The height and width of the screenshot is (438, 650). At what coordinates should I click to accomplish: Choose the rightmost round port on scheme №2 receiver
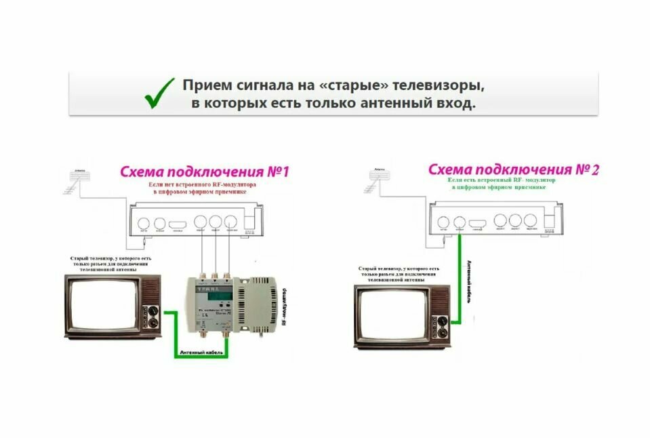click(x=531, y=220)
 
